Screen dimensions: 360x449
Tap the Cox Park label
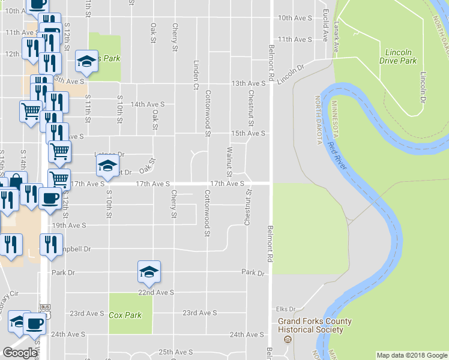click(125, 315)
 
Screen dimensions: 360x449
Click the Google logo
click(20, 352)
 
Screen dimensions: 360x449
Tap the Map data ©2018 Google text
click(412, 355)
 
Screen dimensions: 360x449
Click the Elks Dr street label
click(286, 309)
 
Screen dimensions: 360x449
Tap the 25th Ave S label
click(175, 352)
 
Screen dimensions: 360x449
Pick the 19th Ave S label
click(69, 226)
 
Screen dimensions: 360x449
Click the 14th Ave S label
click(147, 104)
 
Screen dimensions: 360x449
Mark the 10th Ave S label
click(295, 19)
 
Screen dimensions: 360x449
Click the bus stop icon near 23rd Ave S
click(45, 307)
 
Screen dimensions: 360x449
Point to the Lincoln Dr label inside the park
click(424, 86)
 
